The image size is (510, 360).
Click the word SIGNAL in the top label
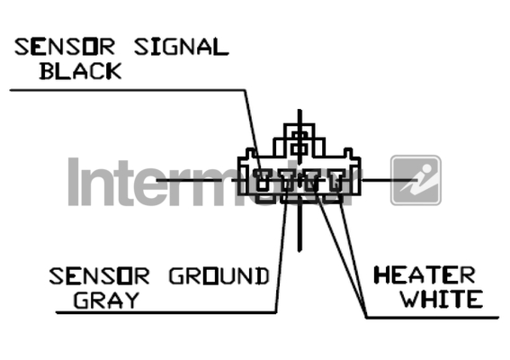pos(182,47)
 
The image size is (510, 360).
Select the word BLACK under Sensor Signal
pos(80,71)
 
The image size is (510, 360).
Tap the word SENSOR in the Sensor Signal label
pos(65,47)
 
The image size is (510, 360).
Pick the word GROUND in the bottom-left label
pos(219,276)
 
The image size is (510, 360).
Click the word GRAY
pos(106,300)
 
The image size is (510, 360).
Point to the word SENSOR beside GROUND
pos(99,276)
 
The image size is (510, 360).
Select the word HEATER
pos(425,275)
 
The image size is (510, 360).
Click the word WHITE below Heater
pos(442,299)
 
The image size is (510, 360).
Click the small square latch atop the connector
pos(300,143)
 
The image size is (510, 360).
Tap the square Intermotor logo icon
pos(416,180)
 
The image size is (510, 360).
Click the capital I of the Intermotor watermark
pos(74,182)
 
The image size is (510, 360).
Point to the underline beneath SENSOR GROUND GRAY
pos(166,312)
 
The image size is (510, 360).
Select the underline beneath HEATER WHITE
pos(433,318)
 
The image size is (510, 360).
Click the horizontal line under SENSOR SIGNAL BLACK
pos(128,90)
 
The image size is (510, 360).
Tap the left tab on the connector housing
pos(250,153)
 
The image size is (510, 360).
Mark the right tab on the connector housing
pos(348,153)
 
